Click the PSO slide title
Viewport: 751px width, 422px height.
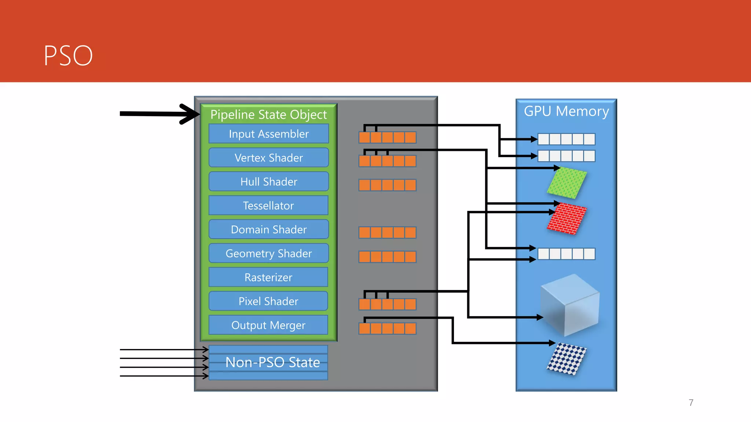tap(68, 56)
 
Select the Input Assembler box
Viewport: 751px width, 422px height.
tap(268, 134)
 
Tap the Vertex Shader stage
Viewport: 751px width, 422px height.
tap(268, 158)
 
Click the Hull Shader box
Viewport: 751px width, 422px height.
tap(268, 182)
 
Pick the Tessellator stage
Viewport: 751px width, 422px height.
tap(268, 206)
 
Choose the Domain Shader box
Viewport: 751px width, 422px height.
tap(268, 229)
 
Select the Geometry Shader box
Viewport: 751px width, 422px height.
tap(268, 253)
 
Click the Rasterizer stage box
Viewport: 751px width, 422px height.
tap(268, 277)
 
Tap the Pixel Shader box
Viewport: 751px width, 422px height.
tap(268, 301)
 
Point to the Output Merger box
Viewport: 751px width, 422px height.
tap(268, 325)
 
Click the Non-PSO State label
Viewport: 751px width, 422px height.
tap(272, 362)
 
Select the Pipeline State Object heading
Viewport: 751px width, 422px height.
tap(268, 115)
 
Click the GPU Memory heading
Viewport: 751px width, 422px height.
tap(566, 111)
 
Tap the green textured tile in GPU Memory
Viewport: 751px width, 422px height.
tap(567, 182)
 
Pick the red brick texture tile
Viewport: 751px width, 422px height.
tap(567, 219)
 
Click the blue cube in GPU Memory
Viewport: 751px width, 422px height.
tap(570, 305)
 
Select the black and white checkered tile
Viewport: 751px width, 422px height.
tap(567, 359)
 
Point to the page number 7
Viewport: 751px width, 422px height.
tap(691, 403)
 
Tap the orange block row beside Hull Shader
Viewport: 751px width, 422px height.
tap(387, 185)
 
